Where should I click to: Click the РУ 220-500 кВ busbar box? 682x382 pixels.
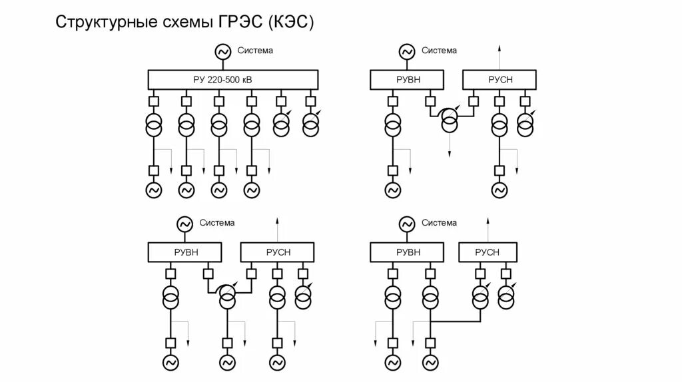(232, 80)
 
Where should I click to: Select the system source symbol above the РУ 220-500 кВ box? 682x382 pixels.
(222, 51)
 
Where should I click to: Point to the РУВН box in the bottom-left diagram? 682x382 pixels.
(186, 252)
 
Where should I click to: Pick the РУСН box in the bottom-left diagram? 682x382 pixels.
(278, 252)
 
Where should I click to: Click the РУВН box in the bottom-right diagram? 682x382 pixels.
(408, 252)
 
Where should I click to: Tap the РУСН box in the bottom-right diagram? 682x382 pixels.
(488, 252)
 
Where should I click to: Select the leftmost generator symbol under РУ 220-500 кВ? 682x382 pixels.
(154, 190)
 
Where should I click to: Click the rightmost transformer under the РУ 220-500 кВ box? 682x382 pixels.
(311, 124)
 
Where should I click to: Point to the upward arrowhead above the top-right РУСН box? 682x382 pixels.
(500, 49)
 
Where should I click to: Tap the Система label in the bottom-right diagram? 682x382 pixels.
(440, 223)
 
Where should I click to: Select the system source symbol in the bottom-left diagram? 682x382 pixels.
(184, 224)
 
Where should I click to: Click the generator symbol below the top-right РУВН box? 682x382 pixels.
(393, 190)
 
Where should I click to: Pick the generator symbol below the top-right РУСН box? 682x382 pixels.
(500, 190)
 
